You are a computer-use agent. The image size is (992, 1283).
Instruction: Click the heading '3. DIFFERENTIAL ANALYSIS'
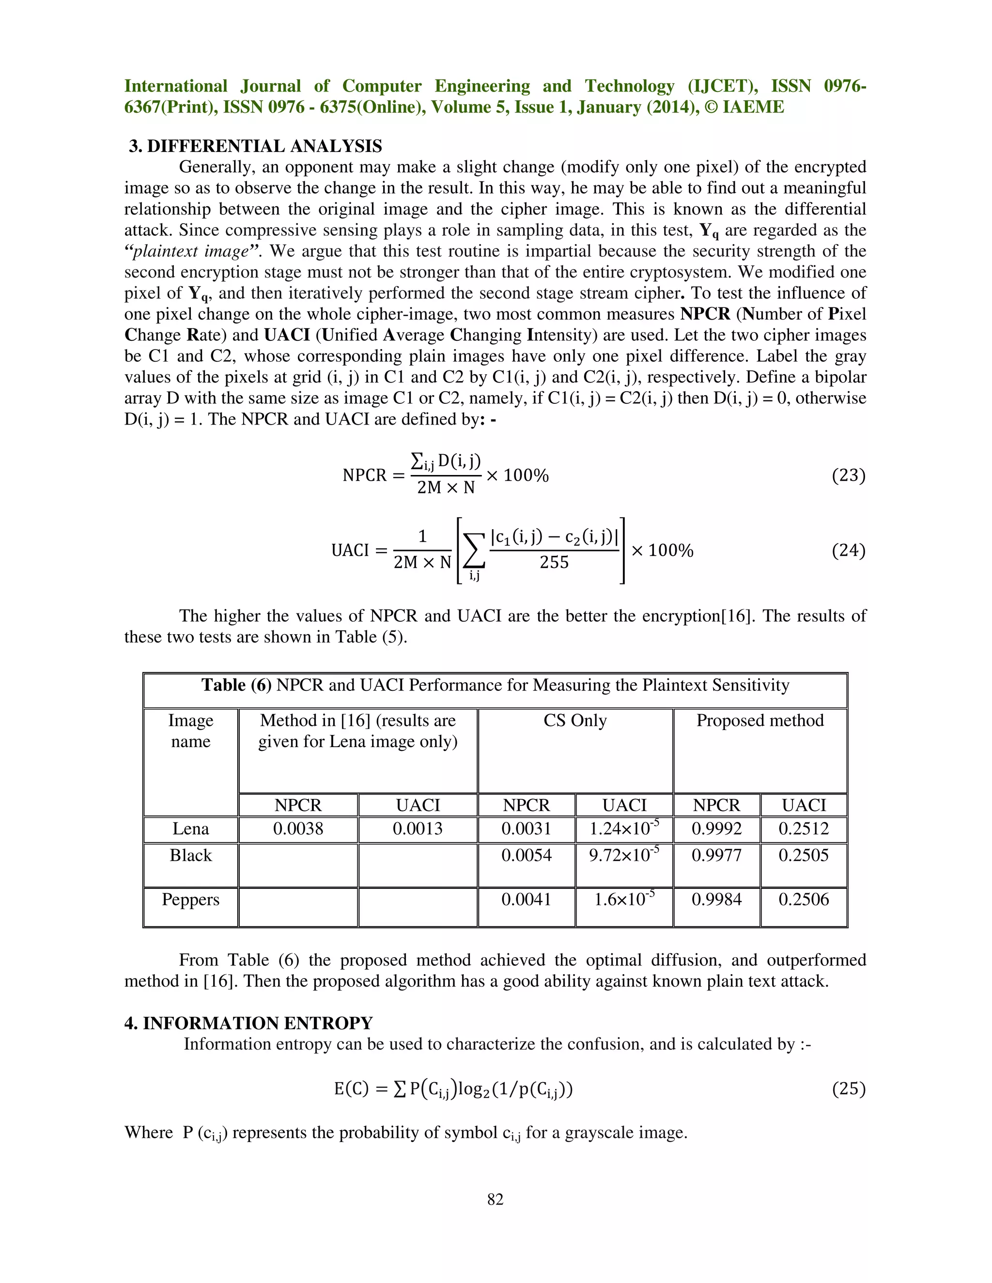[255, 146]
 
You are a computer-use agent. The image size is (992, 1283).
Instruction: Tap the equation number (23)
[848, 474]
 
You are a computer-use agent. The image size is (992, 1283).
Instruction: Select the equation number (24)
[848, 550]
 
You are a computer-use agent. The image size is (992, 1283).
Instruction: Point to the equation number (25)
[848, 1088]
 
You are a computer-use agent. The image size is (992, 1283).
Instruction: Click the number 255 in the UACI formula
[554, 562]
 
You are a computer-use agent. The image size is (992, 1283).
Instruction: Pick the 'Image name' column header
[190, 731]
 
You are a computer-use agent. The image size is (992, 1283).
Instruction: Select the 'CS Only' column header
[575, 720]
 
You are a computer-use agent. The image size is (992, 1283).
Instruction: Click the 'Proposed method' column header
[760, 720]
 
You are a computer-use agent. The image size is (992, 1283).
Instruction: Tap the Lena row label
[190, 829]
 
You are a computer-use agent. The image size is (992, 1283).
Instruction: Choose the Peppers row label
[190, 900]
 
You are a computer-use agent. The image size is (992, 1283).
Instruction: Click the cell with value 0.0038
[298, 829]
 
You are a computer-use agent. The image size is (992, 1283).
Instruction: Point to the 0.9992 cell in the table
[716, 829]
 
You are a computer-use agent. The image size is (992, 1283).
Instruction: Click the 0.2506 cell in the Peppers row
[804, 900]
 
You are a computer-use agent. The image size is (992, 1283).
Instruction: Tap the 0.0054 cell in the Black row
[526, 855]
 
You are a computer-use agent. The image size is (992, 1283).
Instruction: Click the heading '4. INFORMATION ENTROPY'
[248, 1023]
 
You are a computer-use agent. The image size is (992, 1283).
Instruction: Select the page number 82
[496, 1199]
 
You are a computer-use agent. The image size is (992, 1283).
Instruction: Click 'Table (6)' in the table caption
[236, 685]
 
